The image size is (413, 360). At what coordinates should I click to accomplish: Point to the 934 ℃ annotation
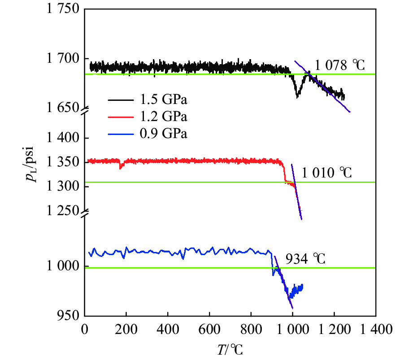pyautogui.click(x=305, y=259)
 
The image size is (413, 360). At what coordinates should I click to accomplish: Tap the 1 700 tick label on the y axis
pyautogui.click(x=61, y=59)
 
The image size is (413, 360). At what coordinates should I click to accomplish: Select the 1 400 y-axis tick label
pyautogui.click(x=61, y=138)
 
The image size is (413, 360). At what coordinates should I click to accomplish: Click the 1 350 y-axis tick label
pyautogui.click(x=61, y=162)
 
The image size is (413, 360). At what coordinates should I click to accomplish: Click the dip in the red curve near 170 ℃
pyautogui.click(x=120, y=167)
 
